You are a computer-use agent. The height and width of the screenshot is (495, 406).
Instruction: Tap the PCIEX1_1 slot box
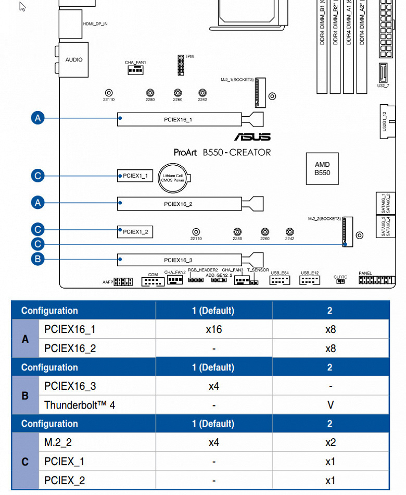(135, 176)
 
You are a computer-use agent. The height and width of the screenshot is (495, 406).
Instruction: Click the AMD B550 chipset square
(322, 169)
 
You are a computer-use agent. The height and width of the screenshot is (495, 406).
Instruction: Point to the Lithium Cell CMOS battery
(173, 179)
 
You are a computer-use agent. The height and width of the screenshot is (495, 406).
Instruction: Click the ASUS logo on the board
(252, 137)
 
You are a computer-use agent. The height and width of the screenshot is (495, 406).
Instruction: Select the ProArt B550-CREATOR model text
(222, 152)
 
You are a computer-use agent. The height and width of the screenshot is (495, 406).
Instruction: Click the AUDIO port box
(74, 59)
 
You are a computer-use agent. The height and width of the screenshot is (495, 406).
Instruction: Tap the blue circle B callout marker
(37, 258)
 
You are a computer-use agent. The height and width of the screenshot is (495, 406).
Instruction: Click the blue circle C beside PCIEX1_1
(37, 176)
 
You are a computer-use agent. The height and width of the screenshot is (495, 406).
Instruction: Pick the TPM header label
(189, 56)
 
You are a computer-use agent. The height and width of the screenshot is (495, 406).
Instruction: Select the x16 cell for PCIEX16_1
(214, 329)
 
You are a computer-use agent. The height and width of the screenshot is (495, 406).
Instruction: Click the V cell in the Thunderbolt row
(330, 405)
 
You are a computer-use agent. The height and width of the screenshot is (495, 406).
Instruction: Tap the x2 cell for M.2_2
(330, 442)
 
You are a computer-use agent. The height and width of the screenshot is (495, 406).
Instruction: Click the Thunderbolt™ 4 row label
(80, 405)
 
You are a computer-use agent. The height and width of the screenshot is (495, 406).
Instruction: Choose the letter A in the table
(25, 339)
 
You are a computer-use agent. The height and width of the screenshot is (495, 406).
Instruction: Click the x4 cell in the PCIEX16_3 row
(214, 386)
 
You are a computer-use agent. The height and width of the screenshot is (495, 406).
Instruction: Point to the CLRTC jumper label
(340, 277)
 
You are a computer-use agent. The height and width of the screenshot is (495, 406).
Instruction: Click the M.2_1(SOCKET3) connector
(259, 91)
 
